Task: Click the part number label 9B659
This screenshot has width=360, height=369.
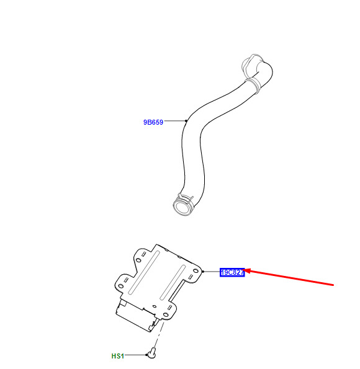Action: point(153,122)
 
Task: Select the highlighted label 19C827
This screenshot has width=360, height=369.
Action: point(232,272)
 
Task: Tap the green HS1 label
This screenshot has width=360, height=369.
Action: point(117,356)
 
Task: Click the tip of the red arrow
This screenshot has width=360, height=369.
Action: point(243,270)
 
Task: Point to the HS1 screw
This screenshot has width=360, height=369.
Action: point(152,353)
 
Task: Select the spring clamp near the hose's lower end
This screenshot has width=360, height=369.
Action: point(186,198)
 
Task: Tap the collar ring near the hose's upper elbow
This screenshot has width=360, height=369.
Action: point(254,85)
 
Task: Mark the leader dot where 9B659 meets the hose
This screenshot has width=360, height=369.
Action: point(186,121)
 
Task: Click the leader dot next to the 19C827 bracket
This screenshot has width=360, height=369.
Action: point(203,272)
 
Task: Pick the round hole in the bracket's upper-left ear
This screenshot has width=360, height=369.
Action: point(138,260)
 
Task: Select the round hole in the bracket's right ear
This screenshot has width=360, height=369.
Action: point(196,271)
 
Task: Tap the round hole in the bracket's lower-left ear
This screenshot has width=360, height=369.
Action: point(120,286)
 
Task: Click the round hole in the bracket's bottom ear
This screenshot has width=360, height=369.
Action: point(166,315)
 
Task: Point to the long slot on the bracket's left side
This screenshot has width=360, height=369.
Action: point(144,272)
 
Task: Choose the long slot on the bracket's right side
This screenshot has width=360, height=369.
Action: point(173,282)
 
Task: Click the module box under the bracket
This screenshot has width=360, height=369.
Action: point(137,315)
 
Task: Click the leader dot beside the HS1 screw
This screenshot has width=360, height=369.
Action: point(146,355)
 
